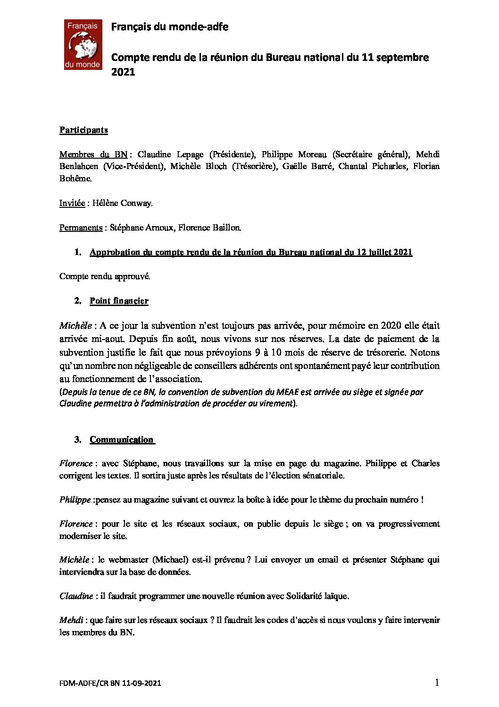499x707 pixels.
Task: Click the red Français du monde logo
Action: (83, 44)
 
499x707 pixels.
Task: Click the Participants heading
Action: (83, 130)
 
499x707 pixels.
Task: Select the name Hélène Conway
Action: (132, 203)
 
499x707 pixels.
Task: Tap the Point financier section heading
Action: (119, 301)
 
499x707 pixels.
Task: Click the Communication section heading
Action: (122, 440)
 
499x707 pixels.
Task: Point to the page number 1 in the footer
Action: (437, 682)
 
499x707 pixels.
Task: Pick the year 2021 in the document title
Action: (123, 72)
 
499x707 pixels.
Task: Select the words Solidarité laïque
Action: (317, 596)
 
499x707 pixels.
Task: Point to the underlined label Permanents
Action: (81, 228)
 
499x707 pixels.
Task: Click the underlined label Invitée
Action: (71, 203)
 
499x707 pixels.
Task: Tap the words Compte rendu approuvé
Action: (105, 276)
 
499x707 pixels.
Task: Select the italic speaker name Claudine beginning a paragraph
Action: (76, 596)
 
